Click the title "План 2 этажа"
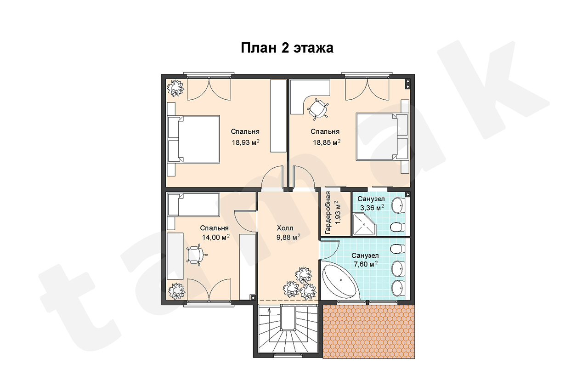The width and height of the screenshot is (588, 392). (x=287, y=48)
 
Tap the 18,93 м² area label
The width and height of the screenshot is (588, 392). (x=246, y=142)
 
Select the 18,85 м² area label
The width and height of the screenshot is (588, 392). (x=327, y=142)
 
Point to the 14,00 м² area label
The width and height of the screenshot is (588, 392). (x=216, y=237)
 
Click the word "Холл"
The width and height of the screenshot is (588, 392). (x=285, y=228)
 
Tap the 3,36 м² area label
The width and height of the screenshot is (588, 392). (x=372, y=208)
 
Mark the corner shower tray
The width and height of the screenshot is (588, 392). (x=364, y=225)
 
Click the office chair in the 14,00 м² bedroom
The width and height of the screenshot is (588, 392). (x=196, y=255)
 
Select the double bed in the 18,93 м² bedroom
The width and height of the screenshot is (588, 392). (x=193, y=139)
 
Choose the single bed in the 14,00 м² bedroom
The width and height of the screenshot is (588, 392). (x=193, y=205)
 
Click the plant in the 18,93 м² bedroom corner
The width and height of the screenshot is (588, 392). (x=175, y=88)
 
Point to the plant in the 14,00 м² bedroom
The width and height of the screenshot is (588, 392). (x=176, y=291)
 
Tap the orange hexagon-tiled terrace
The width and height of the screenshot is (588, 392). (x=369, y=332)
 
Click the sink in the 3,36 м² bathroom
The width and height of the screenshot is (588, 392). (x=398, y=205)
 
